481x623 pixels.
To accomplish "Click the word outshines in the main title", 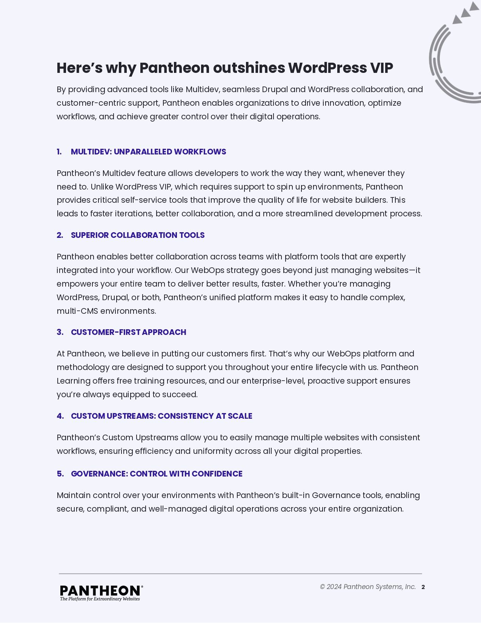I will pyautogui.click(x=249, y=68).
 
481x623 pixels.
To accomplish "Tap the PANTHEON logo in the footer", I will pyautogui.click(x=101, y=591).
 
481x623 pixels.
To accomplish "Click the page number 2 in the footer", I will pyautogui.click(x=423, y=587).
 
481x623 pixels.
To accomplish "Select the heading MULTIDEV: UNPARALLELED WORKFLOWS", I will pyautogui.click(x=148, y=152).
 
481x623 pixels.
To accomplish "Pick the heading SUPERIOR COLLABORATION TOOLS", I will pyautogui.click(x=138, y=235).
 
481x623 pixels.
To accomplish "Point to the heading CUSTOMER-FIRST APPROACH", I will pyautogui.click(x=128, y=332).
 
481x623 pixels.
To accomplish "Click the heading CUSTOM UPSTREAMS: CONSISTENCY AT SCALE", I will pyautogui.click(x=161, y=416).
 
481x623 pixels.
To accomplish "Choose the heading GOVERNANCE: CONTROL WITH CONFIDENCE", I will pyautogui.click(x=157, y=474).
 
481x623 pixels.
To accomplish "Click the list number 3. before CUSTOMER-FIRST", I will pyautogui.click(x=60, y=332).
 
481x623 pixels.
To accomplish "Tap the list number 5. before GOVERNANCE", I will pyautogui.click(x=60, y=474).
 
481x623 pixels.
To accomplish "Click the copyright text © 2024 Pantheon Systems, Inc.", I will pyautogui.click(x=367, y=587).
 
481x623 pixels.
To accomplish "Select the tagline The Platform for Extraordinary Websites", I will pyautogui.click(x=100, y=599).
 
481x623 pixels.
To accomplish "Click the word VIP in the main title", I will pyautogui.click(x=381, y=68).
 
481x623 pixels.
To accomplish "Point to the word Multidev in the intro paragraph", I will pyautogui.click(x=203, y=89).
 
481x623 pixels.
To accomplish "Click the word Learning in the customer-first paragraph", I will pyautogui.click(x=73, y=381).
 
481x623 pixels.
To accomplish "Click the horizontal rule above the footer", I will pyautogui.click(x=240, y=574).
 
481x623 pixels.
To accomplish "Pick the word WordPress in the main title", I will pyautogui.click(x=327, y=68).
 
